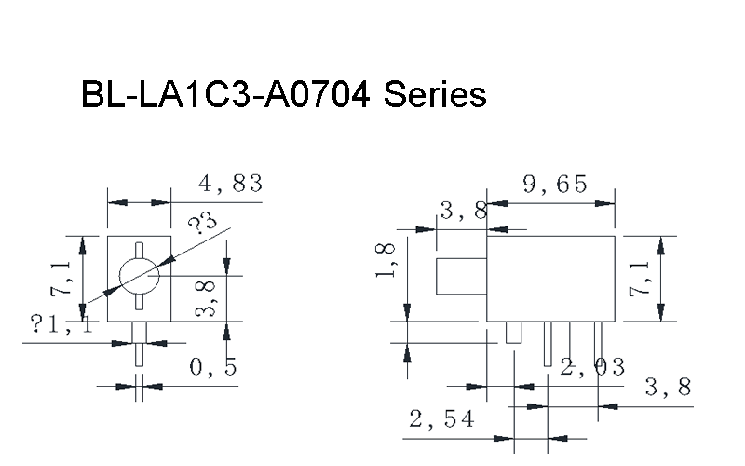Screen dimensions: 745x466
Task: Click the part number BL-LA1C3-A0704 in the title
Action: pos(225,94)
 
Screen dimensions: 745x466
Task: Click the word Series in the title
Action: pos(435,94)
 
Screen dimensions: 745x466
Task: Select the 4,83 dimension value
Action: pos(230,184)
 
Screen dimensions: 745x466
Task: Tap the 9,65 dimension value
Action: pos(555,184)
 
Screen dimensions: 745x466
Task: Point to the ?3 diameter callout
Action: pos(202,223)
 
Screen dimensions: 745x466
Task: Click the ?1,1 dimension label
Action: pos(61,323)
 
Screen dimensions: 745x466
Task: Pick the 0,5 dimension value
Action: pos(213,367)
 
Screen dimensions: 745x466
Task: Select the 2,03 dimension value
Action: pos(592,367)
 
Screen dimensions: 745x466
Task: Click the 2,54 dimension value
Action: pos(441,418)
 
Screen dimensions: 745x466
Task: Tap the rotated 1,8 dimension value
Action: pos(386,260)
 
